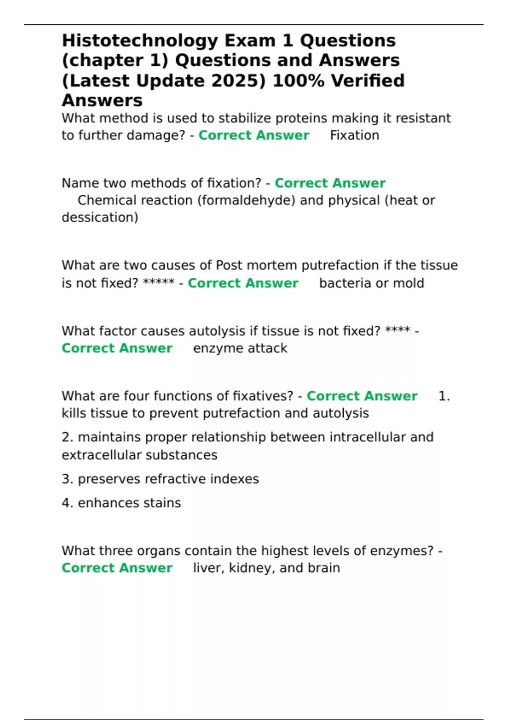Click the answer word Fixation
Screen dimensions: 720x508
[x=354, y=136]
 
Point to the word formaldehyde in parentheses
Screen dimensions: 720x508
[x=246, y=200]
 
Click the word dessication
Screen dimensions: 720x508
[x=100, y=218]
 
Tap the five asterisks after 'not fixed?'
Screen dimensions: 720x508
[x=159, y=282]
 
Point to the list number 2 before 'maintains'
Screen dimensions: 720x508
[x=67, y=437]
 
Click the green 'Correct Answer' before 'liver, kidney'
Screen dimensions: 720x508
[x=117, y=568]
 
